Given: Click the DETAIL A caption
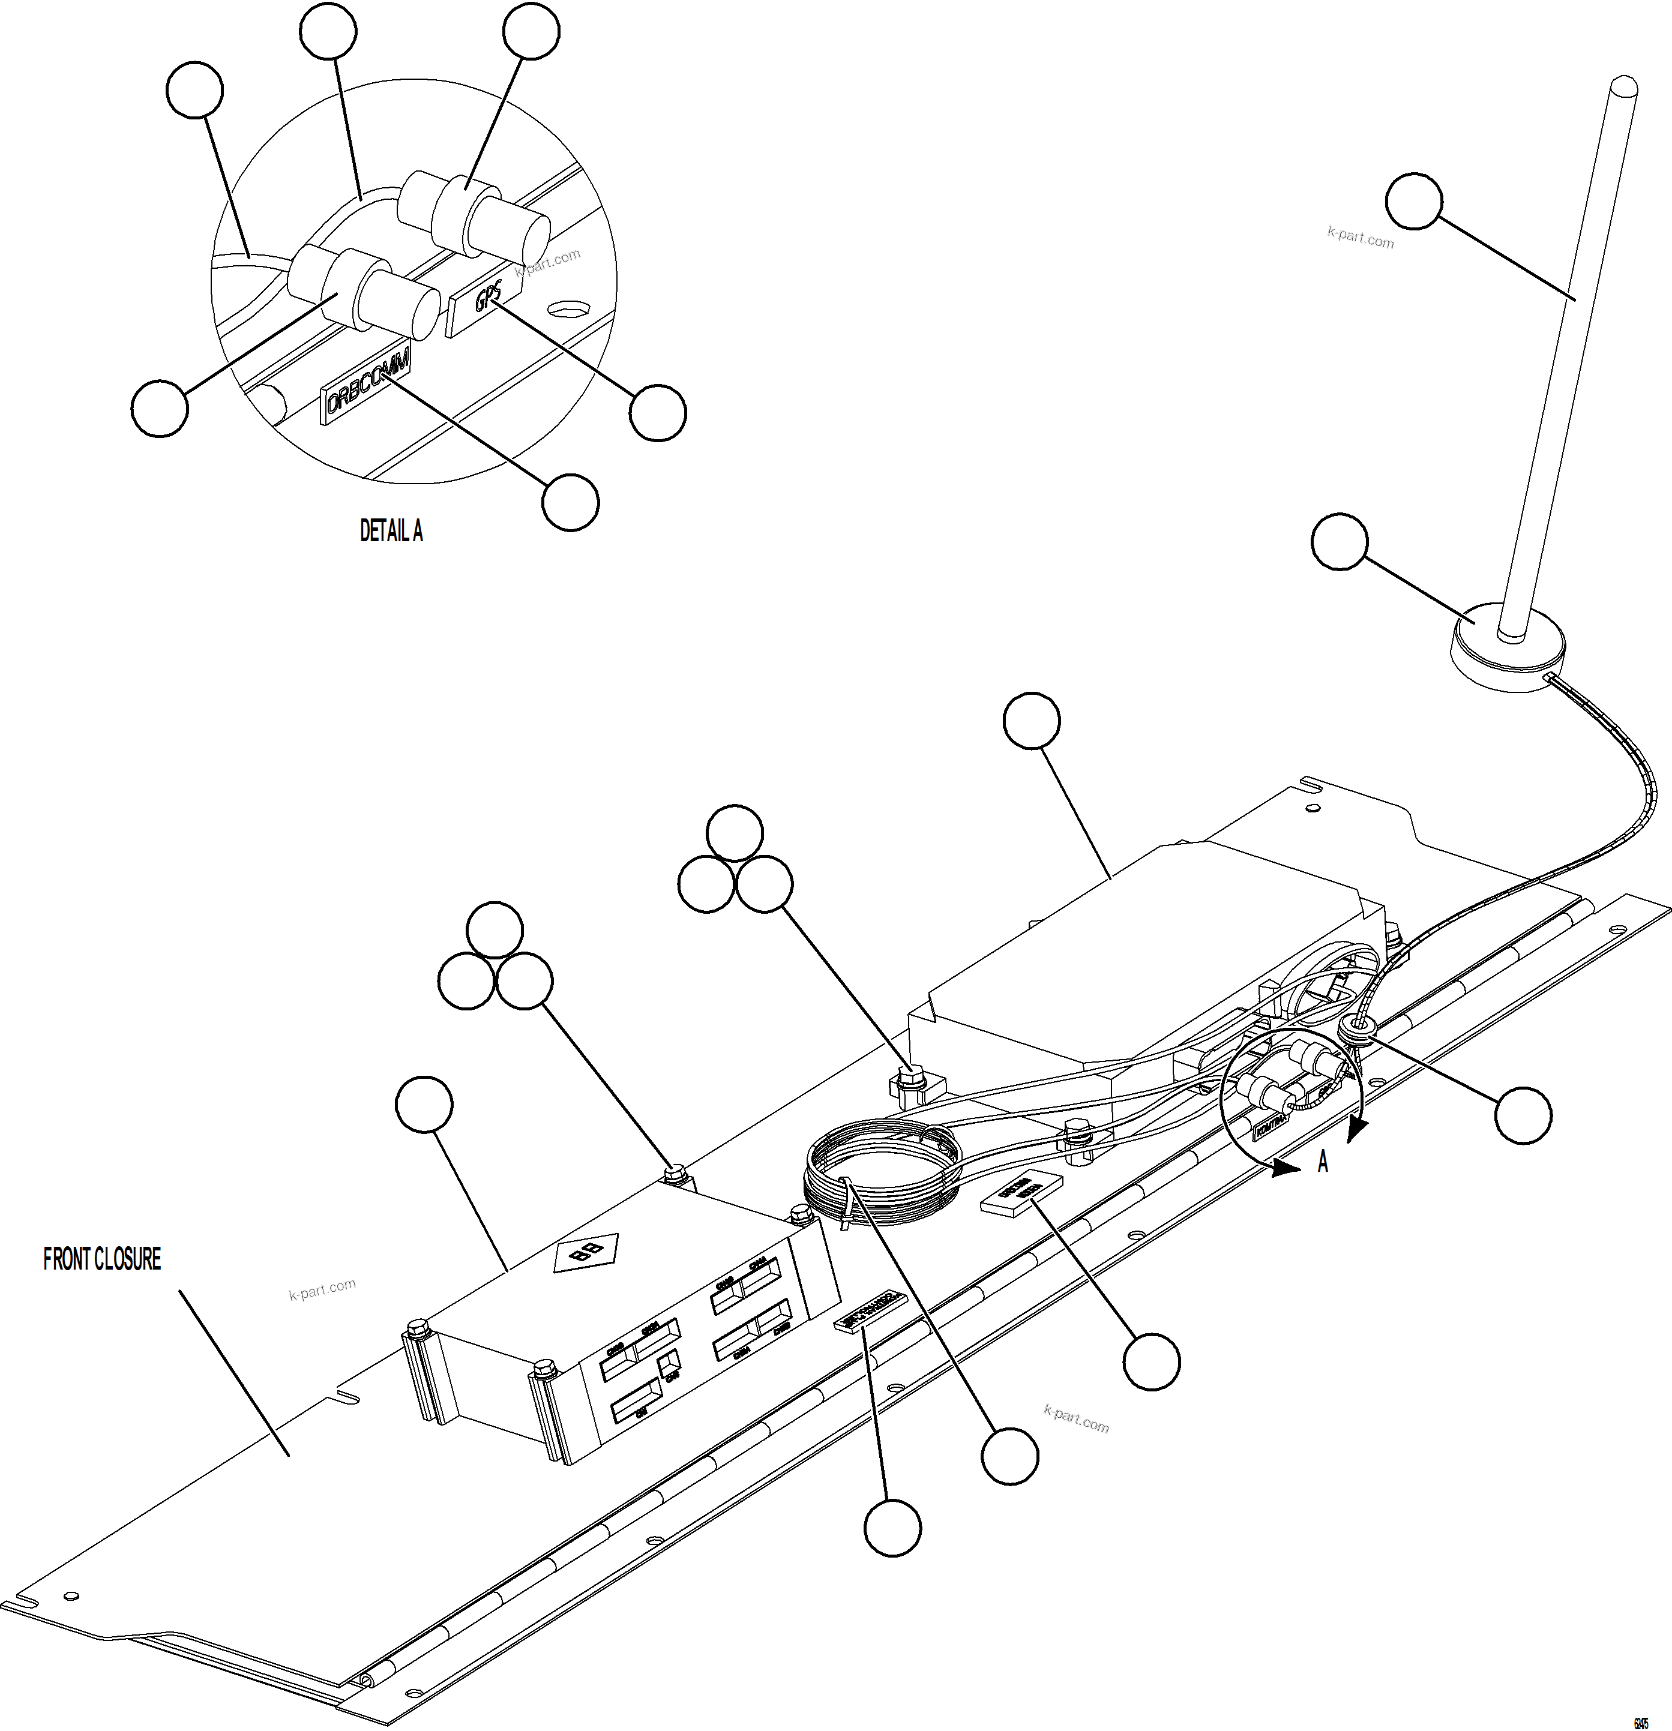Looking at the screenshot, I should tap(391, 531).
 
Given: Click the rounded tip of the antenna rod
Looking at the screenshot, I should tap(1623, 88).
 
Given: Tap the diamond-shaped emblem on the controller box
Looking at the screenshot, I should tap(586, 1252).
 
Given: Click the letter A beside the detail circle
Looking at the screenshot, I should tap(1322, 1162).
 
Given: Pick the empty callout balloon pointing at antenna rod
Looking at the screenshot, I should tap(1414, 202).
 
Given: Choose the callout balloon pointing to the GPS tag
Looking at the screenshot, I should tap(658, 412).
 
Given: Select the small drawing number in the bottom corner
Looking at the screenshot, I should tap(1640, 1720).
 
